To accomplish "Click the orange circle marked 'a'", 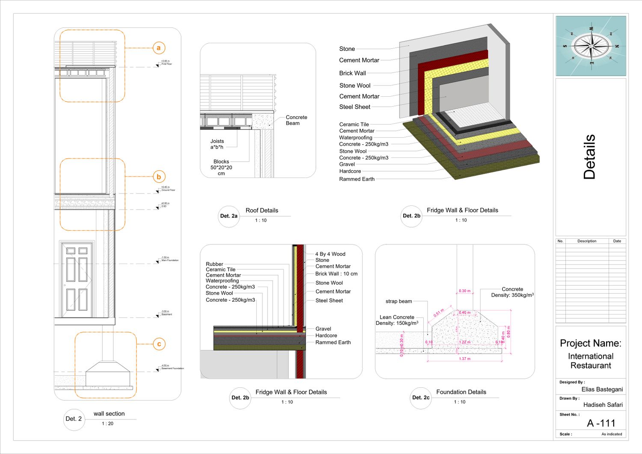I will tap(158, 48).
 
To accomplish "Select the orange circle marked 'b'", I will tap(159, 177).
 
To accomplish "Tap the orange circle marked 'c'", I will tap(159, 344).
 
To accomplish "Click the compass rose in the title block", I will tap(591, 46).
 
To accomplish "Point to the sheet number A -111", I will tap(601, 423).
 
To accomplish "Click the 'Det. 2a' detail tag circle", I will tap(229, 216).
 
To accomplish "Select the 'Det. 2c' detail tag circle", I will tap(421, 398).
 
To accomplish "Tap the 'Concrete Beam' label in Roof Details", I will tap(296, 120).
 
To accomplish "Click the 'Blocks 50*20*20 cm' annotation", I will tap(221, 167).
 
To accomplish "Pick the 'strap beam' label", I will tap(398, 301).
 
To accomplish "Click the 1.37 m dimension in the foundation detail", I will tap(464, 359).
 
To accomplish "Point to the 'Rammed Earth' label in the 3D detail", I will tap(357, 179).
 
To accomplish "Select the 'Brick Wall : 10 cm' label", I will tap(336, 274).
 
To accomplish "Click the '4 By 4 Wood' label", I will tap(330, 254).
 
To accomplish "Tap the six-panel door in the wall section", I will tap(77, 280).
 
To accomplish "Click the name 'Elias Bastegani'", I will tap(602, 389).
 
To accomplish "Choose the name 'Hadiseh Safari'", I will tap(603, 405).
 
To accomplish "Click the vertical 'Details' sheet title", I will tap(589, 157).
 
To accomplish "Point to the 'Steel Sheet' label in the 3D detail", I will tap(354, 107).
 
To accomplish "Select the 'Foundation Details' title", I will tap(461, 392).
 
